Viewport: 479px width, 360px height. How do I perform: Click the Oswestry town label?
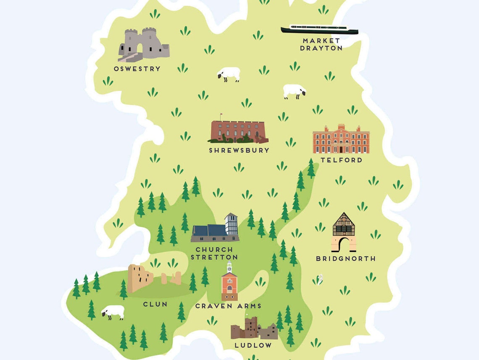coord(137,69)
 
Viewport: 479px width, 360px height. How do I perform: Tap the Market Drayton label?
coord(321,45)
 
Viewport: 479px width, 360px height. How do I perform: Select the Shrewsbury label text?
coord(239,150)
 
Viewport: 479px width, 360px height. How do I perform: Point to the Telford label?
coord(341,160)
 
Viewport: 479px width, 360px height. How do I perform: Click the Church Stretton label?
coord(214,254)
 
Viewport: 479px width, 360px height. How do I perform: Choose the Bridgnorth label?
coord(346,259)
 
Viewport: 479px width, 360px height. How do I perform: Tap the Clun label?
coord(155,304)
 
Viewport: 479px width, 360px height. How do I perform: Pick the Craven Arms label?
coord(228,306)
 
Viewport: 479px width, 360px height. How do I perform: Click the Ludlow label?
coord(253,345)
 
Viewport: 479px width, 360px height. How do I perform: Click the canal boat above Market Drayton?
coord(319,30)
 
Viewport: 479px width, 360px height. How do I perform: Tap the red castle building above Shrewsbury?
coord(238,132)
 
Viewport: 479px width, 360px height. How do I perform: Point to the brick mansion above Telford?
coord(341,140)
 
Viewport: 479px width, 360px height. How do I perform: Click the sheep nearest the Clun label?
coord(113,312)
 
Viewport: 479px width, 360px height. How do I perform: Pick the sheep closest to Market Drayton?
coord(294,91)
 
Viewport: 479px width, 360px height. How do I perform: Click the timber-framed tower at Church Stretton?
coord(231,224)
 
